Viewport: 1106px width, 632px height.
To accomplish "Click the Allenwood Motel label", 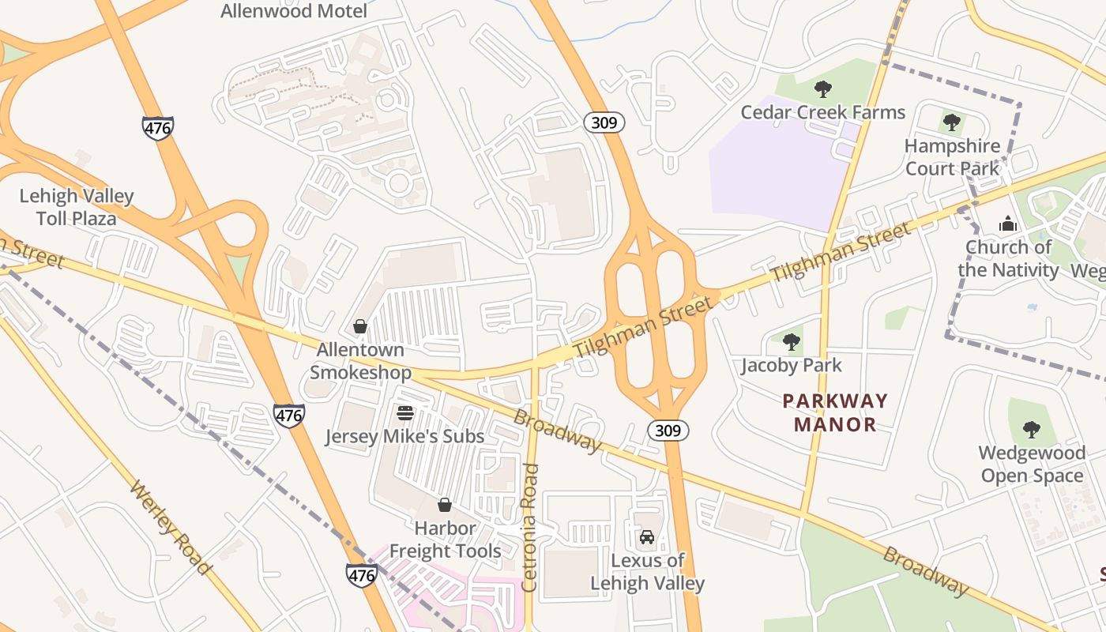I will coord(294,11).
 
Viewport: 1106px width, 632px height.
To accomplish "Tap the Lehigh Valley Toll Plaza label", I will coord(77,207).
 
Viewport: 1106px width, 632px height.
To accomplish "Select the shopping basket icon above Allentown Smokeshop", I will coord(360,326).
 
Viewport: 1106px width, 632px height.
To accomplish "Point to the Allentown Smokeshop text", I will coord(360,361).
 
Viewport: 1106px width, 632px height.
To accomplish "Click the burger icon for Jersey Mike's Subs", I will coord(405,413).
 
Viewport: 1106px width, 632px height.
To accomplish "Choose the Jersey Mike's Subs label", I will coord(404,436).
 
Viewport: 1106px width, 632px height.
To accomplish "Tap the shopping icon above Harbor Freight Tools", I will coord(445,505).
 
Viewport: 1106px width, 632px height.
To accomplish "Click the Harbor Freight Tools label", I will coord(445,540).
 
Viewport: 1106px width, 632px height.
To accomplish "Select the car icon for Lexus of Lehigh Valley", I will coord(647,537).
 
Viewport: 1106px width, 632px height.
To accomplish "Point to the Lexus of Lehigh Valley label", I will coord(647,572).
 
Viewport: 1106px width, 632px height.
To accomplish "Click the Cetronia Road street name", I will coord(530,528).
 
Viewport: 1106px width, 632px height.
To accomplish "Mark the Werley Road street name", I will coord(170,527).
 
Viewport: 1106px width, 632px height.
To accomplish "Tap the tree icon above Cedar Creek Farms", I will coord(822,88).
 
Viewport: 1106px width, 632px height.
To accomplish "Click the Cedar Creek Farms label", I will coord(822,112).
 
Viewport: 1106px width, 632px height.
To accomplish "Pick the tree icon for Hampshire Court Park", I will coord(952,122).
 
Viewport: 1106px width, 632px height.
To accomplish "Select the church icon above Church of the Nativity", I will coord(1007,224).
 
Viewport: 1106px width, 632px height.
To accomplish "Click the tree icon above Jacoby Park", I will coord(791,342).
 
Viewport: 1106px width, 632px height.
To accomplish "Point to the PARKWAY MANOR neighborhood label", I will coord(835,412).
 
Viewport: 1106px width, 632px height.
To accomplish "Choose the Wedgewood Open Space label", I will coord(1031,465).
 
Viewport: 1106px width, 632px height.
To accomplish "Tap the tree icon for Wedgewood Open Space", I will coord(1031,430).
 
